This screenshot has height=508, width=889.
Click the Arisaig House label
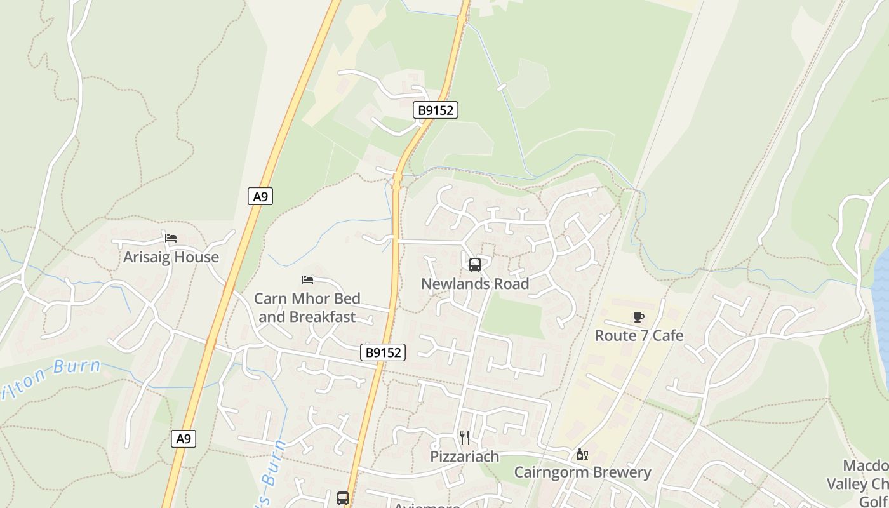[x=171, y=257]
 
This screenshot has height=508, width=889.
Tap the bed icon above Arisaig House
[x=171, y=239]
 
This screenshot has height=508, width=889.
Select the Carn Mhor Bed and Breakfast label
[x=307, y=307]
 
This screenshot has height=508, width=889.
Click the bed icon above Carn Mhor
[x=307, y=280]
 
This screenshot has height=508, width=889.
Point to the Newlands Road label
[x=475, y=284]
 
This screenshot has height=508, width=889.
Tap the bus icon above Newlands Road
[x=475, y=265]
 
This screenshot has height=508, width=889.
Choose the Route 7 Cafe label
[x=639, y=335]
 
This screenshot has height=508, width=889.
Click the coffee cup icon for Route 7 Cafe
[x=639, y=317]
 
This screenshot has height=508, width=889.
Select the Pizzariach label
[x=465, y=457]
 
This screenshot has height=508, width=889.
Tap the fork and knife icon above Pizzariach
[x=465, y=437]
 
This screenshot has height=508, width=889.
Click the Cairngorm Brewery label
[x=582, y=472]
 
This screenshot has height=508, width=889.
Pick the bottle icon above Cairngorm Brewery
[x=582, y=455]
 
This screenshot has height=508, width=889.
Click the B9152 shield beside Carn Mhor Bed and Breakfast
[x=383, y=352]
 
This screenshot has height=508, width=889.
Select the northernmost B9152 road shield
[x=436, y=110]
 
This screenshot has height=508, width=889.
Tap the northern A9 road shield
[x=260, y=197]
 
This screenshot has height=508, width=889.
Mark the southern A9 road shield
[x=184, y=439]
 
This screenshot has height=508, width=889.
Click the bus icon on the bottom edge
[x=343, y=498]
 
